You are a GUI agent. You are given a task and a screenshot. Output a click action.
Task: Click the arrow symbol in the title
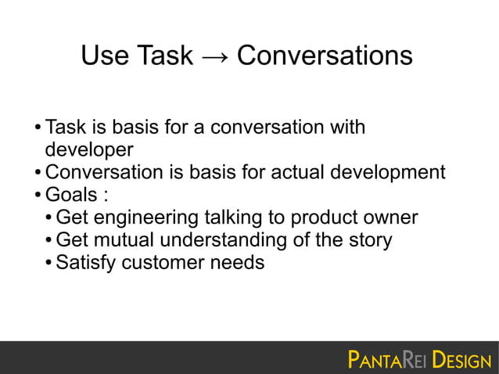click(x=214, y=56)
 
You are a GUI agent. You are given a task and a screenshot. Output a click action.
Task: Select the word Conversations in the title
click(x=324, y=56)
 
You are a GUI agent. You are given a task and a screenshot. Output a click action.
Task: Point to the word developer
click(x=89, y=149)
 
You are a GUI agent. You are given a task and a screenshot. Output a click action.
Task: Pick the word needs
click(x=238, y=263)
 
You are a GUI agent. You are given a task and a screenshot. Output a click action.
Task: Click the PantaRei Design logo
click(x=418, y=361)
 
